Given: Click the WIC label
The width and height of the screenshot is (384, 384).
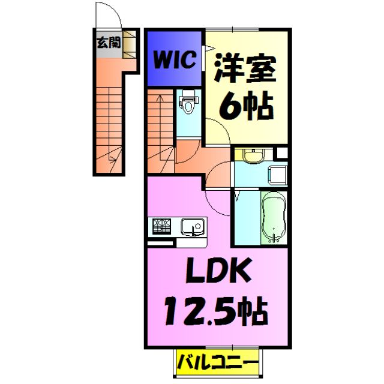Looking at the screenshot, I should point(175,61).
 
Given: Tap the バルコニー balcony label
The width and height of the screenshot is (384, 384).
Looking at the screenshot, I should point(218,362).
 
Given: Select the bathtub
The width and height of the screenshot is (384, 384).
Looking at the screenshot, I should point(274,217).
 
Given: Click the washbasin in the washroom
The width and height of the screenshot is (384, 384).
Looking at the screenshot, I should point(253,157).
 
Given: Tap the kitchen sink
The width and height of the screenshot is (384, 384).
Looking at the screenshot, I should point(193,227).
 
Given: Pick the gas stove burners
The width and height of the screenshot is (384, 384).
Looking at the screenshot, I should point(161,227).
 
